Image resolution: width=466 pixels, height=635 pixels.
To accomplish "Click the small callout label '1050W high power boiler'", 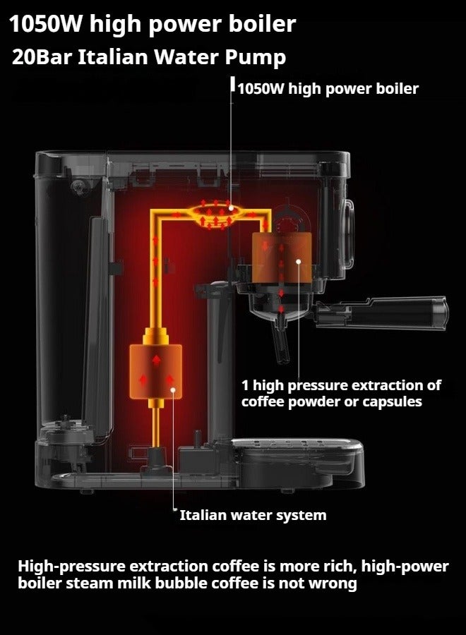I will pos(328,89).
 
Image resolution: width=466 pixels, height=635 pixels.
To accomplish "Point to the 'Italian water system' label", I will pos(253,515).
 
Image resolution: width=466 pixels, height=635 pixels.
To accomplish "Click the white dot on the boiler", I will pos(231,210).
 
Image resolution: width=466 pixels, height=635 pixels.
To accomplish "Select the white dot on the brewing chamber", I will pos(299,262).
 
